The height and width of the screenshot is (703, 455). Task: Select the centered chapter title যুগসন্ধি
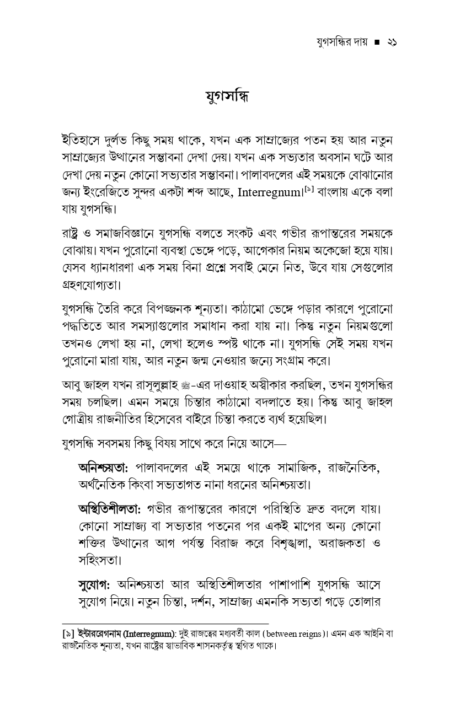click(227, 96)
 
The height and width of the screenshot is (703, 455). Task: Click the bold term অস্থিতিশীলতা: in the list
click(110, 506)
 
